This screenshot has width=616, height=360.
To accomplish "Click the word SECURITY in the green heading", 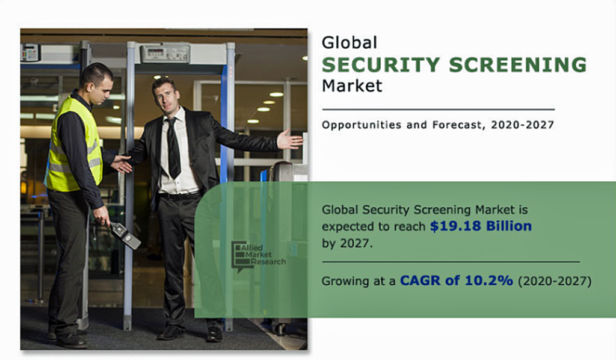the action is point(381,65).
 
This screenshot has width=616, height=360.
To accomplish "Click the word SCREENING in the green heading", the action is point(518,65).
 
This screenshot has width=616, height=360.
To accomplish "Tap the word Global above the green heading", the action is point(350,43).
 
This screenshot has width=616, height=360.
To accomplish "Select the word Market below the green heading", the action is point(352,85).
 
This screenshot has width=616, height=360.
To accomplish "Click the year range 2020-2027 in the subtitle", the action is point(523,125).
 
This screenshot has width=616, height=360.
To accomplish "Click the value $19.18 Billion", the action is point(481,226).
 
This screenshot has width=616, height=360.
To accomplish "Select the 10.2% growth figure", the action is point(488,281).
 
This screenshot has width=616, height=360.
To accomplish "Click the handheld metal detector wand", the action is point(125,234).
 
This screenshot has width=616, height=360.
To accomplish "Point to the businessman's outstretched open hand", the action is point(290,140).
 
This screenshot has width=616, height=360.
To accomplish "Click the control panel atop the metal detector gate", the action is point(165,54).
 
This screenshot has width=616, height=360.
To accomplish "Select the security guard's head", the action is point(97,83).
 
